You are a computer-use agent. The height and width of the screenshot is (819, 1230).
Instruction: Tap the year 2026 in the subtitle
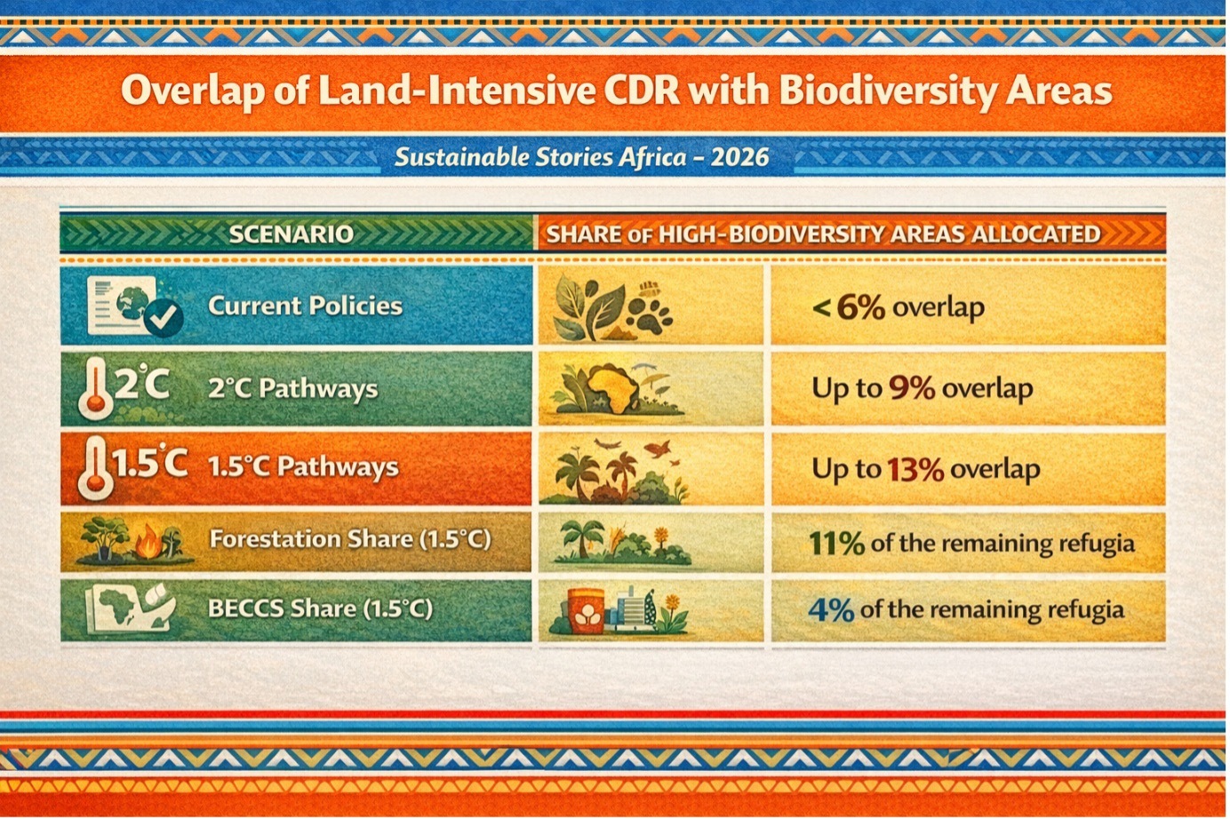(x=739, y=157)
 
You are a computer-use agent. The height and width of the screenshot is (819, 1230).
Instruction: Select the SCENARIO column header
(x=291, y=235)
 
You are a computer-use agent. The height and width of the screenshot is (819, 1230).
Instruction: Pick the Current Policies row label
(x=305, y=306)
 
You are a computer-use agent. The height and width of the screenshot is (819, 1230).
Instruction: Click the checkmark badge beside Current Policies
(x=164, y=318)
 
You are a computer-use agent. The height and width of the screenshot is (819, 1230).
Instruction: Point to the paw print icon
(x=650, y=310)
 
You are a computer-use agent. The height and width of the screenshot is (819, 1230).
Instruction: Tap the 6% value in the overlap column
(x=860, y=307)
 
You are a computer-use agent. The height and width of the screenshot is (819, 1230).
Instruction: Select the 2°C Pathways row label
(x=292, y=389)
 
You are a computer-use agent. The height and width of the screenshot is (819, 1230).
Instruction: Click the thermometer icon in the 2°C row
(x=96, y=389)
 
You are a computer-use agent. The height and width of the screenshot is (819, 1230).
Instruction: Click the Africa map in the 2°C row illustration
(x=613, y=388)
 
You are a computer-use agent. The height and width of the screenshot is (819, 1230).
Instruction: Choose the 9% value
(x=912, y=388)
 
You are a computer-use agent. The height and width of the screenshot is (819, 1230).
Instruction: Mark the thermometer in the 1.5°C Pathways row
(x=96, y=468)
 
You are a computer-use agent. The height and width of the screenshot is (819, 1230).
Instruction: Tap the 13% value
(x=915, y=469)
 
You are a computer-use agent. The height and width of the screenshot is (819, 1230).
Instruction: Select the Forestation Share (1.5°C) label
(x=350, y=539)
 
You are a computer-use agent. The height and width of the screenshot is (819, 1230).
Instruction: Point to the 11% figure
(x=836, y=544)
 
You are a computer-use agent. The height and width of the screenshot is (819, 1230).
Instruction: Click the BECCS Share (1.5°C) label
(x=320, y=608)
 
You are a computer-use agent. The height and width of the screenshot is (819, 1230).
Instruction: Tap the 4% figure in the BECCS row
(x=831, y=610)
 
